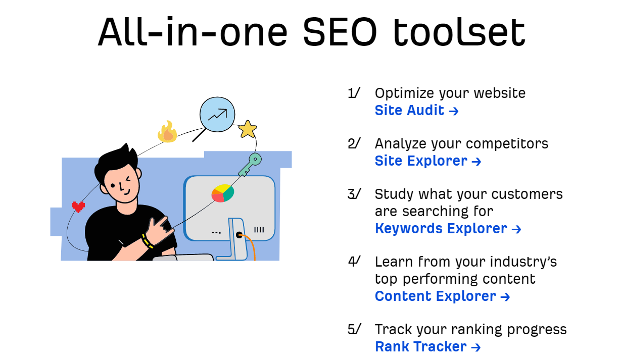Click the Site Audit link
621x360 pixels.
416,110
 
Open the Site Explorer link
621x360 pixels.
428,161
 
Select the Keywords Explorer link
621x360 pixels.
448,228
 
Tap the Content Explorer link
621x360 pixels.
442,296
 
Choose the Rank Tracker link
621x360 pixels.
427,347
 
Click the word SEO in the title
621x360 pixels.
340,32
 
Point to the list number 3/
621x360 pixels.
354,193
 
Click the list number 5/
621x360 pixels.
354,329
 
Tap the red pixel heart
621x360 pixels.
78,207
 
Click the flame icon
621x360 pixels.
167,132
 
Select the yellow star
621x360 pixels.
248,129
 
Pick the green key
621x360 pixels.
250,165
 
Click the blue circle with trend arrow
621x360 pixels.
217,115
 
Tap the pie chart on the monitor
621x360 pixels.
223,193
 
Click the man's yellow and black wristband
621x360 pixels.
148,241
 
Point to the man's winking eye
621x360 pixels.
128,179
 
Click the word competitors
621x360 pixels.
507,144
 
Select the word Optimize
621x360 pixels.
405,93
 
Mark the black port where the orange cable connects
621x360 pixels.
239,235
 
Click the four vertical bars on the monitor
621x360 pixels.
259,230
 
